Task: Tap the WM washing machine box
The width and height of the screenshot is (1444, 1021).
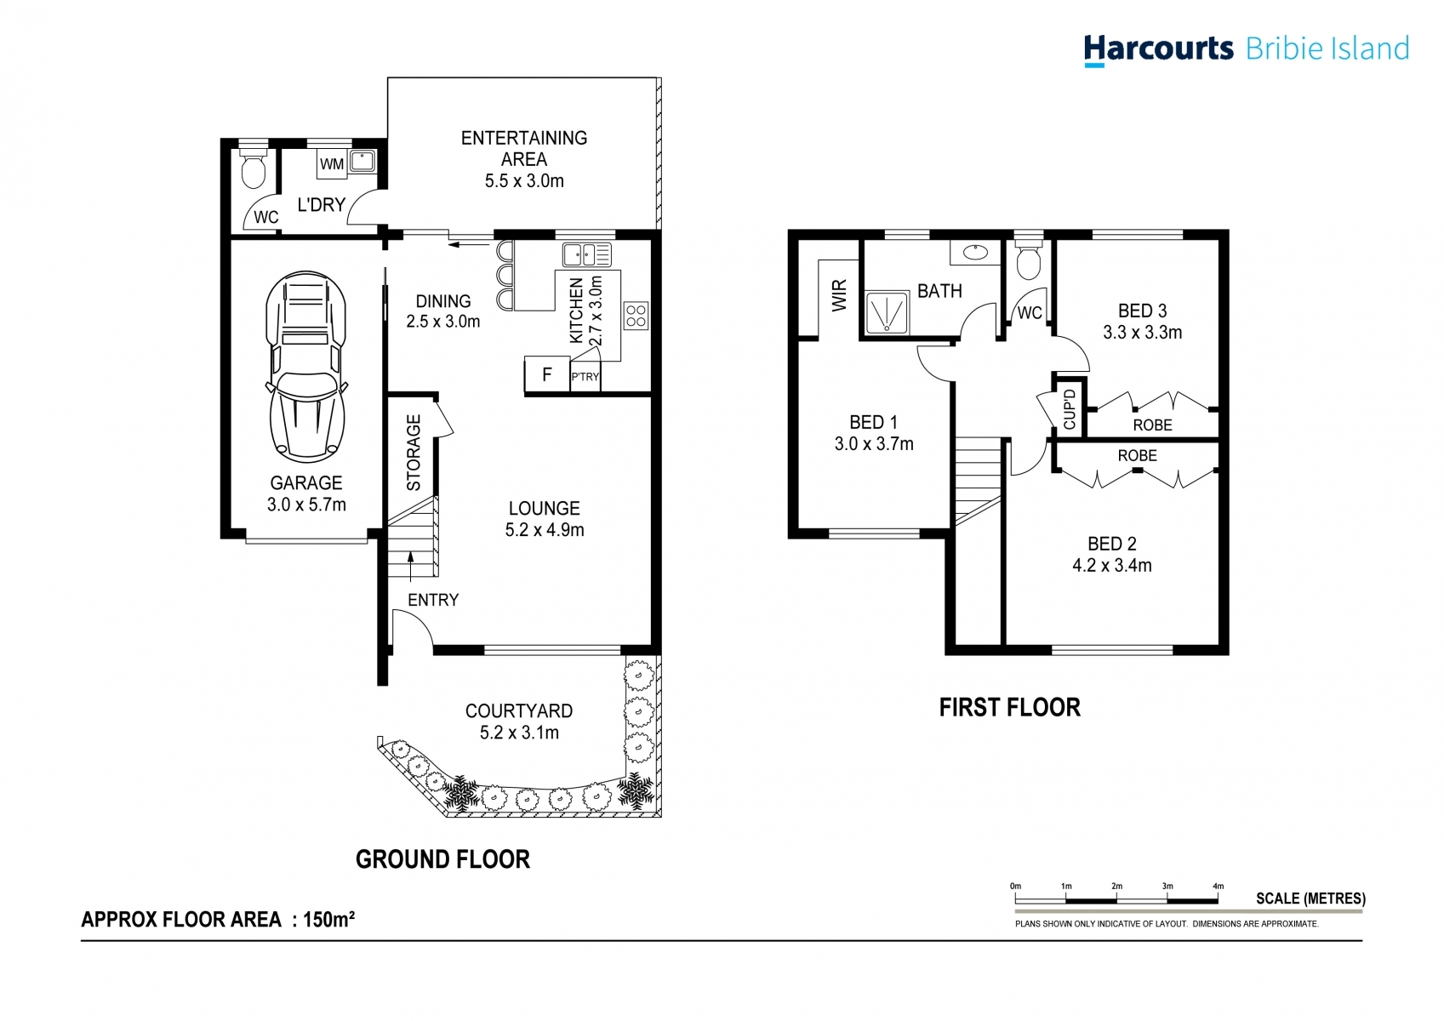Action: coord(332,163)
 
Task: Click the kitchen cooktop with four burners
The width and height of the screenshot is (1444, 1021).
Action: coord(636,316)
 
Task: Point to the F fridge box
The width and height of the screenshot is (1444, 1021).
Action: coord(546,374)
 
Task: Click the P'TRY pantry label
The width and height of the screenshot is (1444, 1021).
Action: coord(585,377)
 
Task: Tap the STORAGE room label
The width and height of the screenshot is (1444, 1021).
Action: coord(414,453)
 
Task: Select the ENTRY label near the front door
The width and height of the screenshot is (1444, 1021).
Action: coord(432,600)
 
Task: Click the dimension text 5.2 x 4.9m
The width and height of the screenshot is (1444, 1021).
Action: coord(545,530)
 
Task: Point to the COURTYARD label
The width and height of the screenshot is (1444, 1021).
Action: coord(518,710)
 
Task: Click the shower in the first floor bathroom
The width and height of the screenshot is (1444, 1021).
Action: coord(887,312)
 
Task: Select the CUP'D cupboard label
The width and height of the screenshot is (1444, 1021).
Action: coord(1070,408)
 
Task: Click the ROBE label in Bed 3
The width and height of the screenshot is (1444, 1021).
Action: coord(1152,425)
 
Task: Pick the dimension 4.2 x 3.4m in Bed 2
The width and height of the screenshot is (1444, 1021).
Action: coord(1111,566)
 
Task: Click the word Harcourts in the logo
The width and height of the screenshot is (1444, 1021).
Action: coord(1158,48)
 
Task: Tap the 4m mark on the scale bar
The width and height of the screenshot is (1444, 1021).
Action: coord(1218,887)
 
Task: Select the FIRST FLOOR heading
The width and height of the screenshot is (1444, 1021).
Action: coord(1009,707)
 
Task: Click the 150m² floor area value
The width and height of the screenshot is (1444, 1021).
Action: coord(329,920)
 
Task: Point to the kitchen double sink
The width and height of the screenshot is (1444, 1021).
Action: coord(586,254)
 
